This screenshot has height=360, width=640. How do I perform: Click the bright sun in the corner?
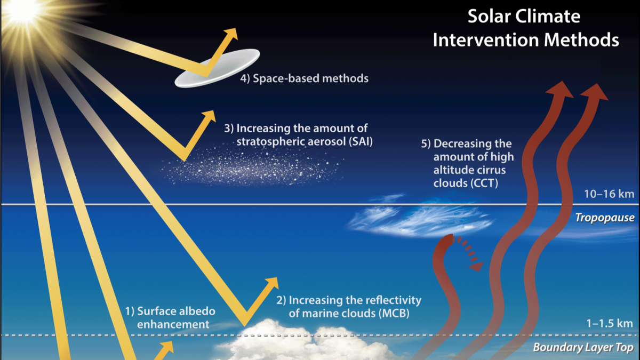[x=25, y=11]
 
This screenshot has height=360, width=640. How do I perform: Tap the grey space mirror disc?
[x=218, y=68]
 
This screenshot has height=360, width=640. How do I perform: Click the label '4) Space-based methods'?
[x=305, y=78]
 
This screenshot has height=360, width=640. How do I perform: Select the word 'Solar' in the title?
[x=487, y=17]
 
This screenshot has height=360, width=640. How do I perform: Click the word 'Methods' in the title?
[x=581, y=39]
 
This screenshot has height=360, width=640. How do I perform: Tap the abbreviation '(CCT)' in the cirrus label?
[x=483, y=183]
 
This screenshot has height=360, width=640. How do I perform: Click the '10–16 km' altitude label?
[x=609, y=194]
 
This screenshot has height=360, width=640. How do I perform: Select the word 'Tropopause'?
[x=605, y=218]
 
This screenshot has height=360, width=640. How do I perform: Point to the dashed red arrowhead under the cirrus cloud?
[x=476, y=266]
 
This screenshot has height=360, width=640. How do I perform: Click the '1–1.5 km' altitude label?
[x=610, y=323]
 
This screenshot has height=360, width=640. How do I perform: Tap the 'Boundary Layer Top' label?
[x=583, y=347]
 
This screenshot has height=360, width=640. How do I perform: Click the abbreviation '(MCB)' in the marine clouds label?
[x=394, y=314]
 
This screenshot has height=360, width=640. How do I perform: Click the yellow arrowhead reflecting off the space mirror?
[x=230, y=34]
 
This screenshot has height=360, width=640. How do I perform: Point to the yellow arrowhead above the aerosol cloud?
[x=209, y=116]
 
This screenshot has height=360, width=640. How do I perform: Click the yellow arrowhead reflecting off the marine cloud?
[x=271, y=283]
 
